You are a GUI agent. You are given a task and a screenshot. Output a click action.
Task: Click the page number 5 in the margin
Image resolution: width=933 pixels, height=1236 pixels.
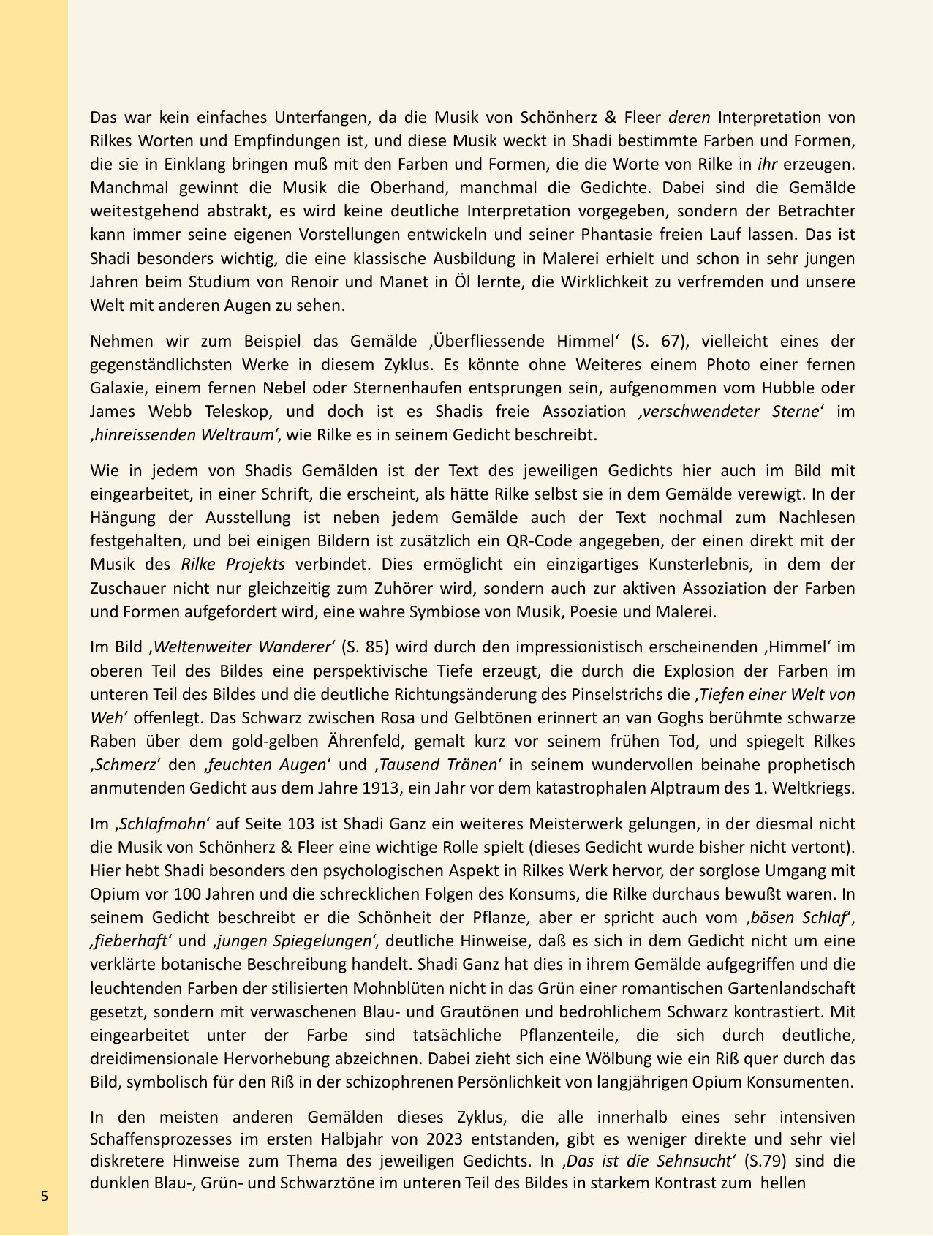(x=45, y=1197)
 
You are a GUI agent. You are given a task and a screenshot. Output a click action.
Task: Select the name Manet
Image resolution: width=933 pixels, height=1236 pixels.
(x=409, y=282)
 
